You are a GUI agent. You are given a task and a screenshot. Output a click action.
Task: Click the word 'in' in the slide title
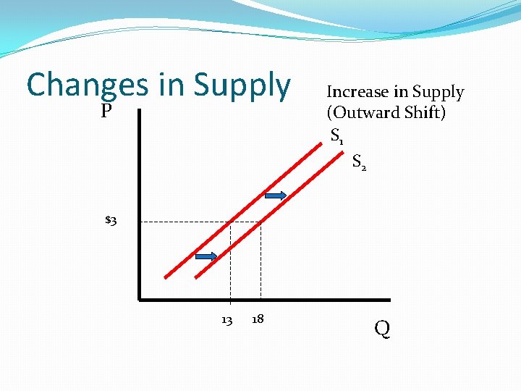click(x=171, y=85)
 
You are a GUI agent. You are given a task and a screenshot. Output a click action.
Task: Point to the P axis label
click(x=106, y=111)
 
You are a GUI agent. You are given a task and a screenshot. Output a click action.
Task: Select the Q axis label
click(x=382, y=329)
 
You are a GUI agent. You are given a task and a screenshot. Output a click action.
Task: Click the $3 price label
click(x=111, y=220)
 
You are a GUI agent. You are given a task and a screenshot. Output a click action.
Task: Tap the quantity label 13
click(x=226, y=320)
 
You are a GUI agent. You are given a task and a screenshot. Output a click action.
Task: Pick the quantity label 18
click(x=257, y=319)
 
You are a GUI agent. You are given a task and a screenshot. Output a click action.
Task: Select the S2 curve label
click(x=359, y=162)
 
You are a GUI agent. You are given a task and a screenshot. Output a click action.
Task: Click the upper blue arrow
click(x=276, y=195)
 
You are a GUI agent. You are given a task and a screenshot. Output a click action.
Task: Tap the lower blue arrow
click(x=206, y=256)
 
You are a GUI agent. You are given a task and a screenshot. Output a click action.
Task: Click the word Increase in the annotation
click(x=357, y=92)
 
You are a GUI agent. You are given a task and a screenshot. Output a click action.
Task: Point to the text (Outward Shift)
click(x=386, y=113)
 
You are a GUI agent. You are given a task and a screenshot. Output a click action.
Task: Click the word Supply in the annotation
click(x=438, y=92)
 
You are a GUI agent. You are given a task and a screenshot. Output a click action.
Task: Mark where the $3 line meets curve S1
click(x=230, y=222)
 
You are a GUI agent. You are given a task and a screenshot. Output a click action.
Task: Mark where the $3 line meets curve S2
click(x=260, y=222)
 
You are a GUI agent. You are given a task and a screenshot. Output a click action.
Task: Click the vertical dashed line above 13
click(x=230, y=268)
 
